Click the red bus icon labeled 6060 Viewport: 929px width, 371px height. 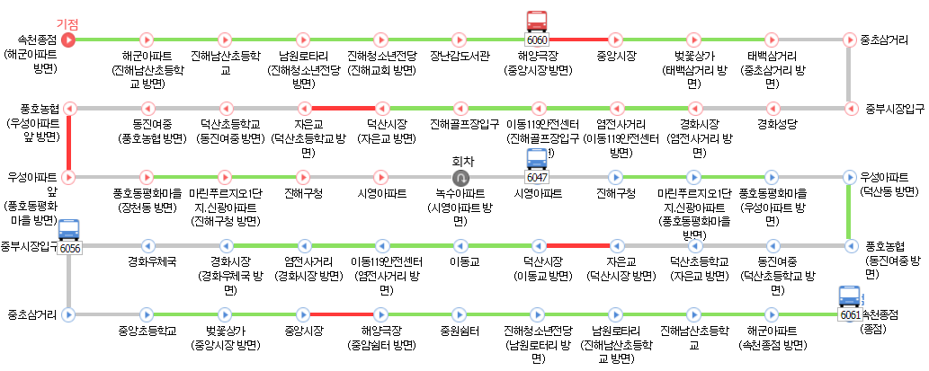click(537, 22)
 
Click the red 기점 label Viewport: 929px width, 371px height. click(67, 22)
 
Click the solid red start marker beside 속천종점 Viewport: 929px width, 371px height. click(68, 40)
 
